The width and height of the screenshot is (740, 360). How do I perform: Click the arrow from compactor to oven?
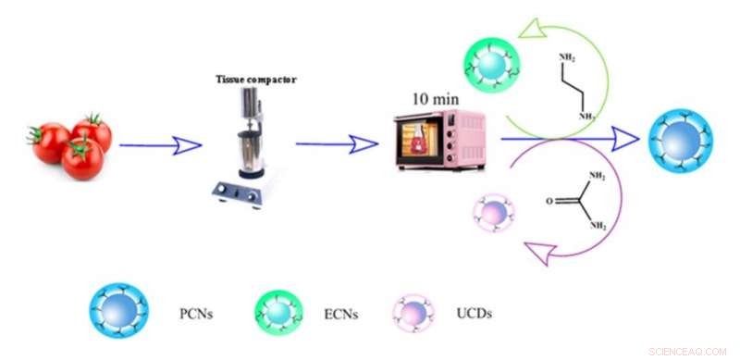[337, 143]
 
